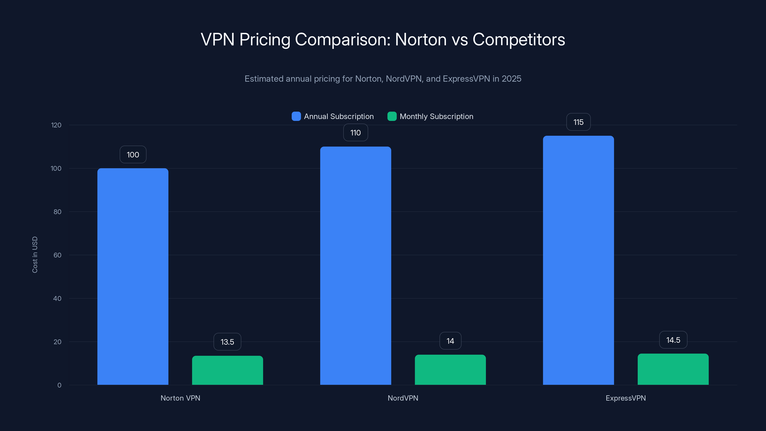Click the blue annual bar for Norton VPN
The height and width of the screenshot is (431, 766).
tap(133, 277)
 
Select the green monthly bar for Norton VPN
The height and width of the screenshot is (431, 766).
tap(227, 370)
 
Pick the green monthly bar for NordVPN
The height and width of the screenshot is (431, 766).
tap(450, 370)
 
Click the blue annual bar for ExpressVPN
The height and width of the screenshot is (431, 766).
tap(578, 260)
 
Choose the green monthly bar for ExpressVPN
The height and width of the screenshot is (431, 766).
tap(673, 369)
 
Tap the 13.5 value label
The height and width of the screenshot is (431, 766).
tap(227, 342)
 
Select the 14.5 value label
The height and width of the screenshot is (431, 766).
tap(673, 340)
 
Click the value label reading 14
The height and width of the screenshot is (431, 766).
tap(450, 341)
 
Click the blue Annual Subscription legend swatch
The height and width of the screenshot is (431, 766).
tap(296, 116)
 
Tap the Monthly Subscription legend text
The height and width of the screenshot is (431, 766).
tap(436, 116)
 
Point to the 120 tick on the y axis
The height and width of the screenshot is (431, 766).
tap(56, 125)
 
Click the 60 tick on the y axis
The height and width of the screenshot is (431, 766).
tap(57, 255)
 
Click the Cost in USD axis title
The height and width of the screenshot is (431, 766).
tap(35, 255)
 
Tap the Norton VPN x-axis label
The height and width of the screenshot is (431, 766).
tap(180, 398)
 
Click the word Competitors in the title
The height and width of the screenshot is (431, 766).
tap(518, 39)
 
